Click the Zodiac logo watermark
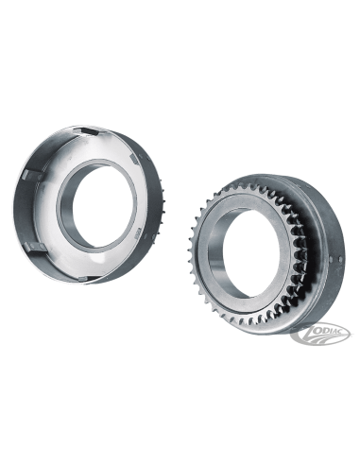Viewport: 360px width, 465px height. pyautogui.click(x=320, y=334)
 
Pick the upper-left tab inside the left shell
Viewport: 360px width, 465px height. pyautogui.click(x=29, y=174)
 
